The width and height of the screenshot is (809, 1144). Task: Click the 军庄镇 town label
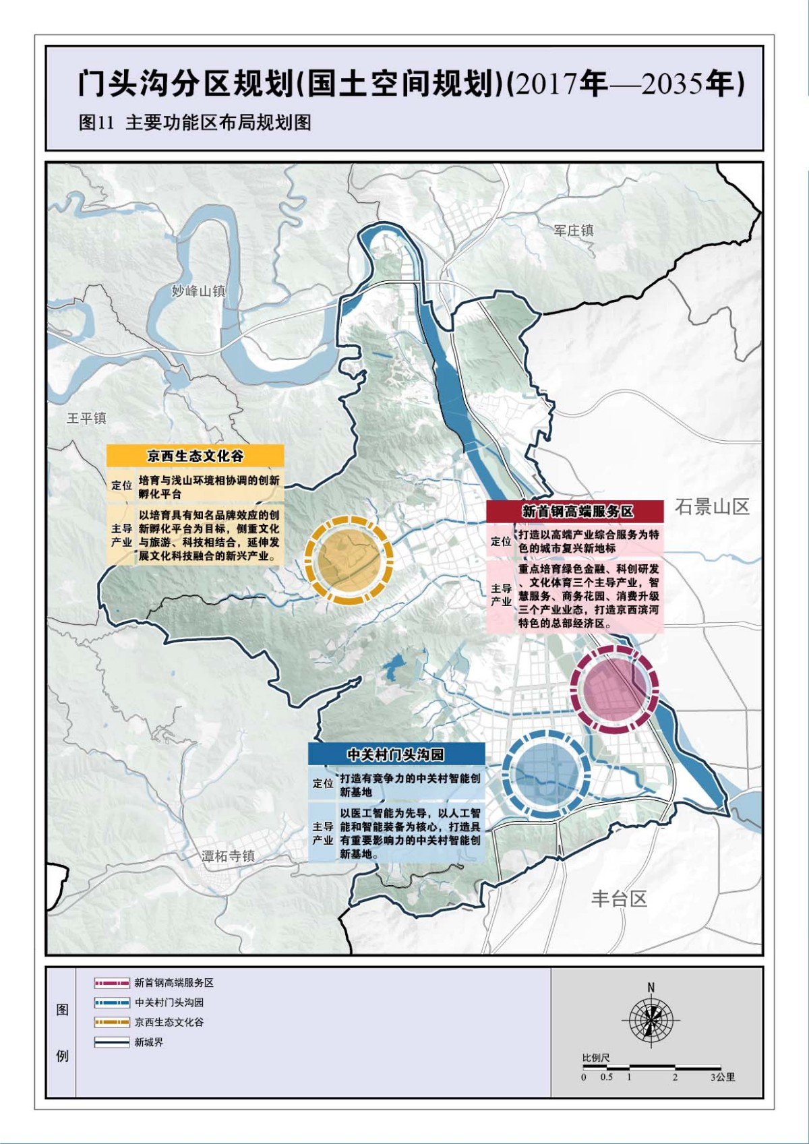click(574, 231)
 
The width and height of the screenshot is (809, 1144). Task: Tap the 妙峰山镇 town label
click(198, 291)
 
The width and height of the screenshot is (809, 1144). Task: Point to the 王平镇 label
click(86, 418)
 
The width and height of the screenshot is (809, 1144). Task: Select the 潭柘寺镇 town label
click(229, 856)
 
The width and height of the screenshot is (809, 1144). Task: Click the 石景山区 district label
click(712, 507)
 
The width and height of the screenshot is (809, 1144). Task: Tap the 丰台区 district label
click(619, 899)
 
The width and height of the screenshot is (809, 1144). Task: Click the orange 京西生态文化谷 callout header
click(195, 456)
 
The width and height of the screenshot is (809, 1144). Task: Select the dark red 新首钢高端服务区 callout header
click(575, 511)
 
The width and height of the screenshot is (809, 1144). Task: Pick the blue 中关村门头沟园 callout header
click(396, 754)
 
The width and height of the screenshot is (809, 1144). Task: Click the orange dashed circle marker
click(349, 558)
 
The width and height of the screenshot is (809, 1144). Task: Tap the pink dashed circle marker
click(613, 688)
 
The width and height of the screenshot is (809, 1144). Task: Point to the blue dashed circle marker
click(546, 774)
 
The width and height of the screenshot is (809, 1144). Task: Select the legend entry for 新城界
click(148, 1042)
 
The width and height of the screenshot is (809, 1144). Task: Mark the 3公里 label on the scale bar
click(722, 1077)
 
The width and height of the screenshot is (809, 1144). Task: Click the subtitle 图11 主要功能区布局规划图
click(195, 123)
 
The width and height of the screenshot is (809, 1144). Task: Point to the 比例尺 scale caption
click(596, 1058)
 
